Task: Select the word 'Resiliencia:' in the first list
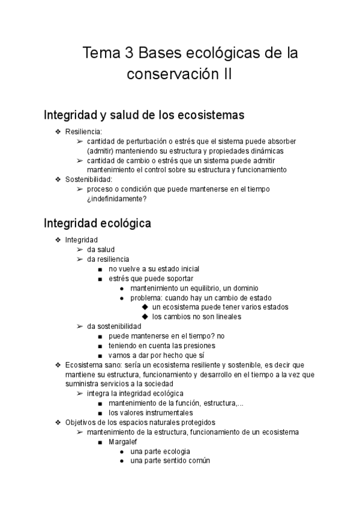(84, 131)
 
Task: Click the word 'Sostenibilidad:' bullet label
(89, 179)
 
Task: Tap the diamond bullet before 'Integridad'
(58, 240)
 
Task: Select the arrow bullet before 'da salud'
(79, 250)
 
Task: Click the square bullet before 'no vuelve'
(101, 269)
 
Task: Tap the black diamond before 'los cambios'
(145, 316)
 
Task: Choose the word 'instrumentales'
(167, 412)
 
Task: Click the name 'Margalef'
(123, 441)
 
